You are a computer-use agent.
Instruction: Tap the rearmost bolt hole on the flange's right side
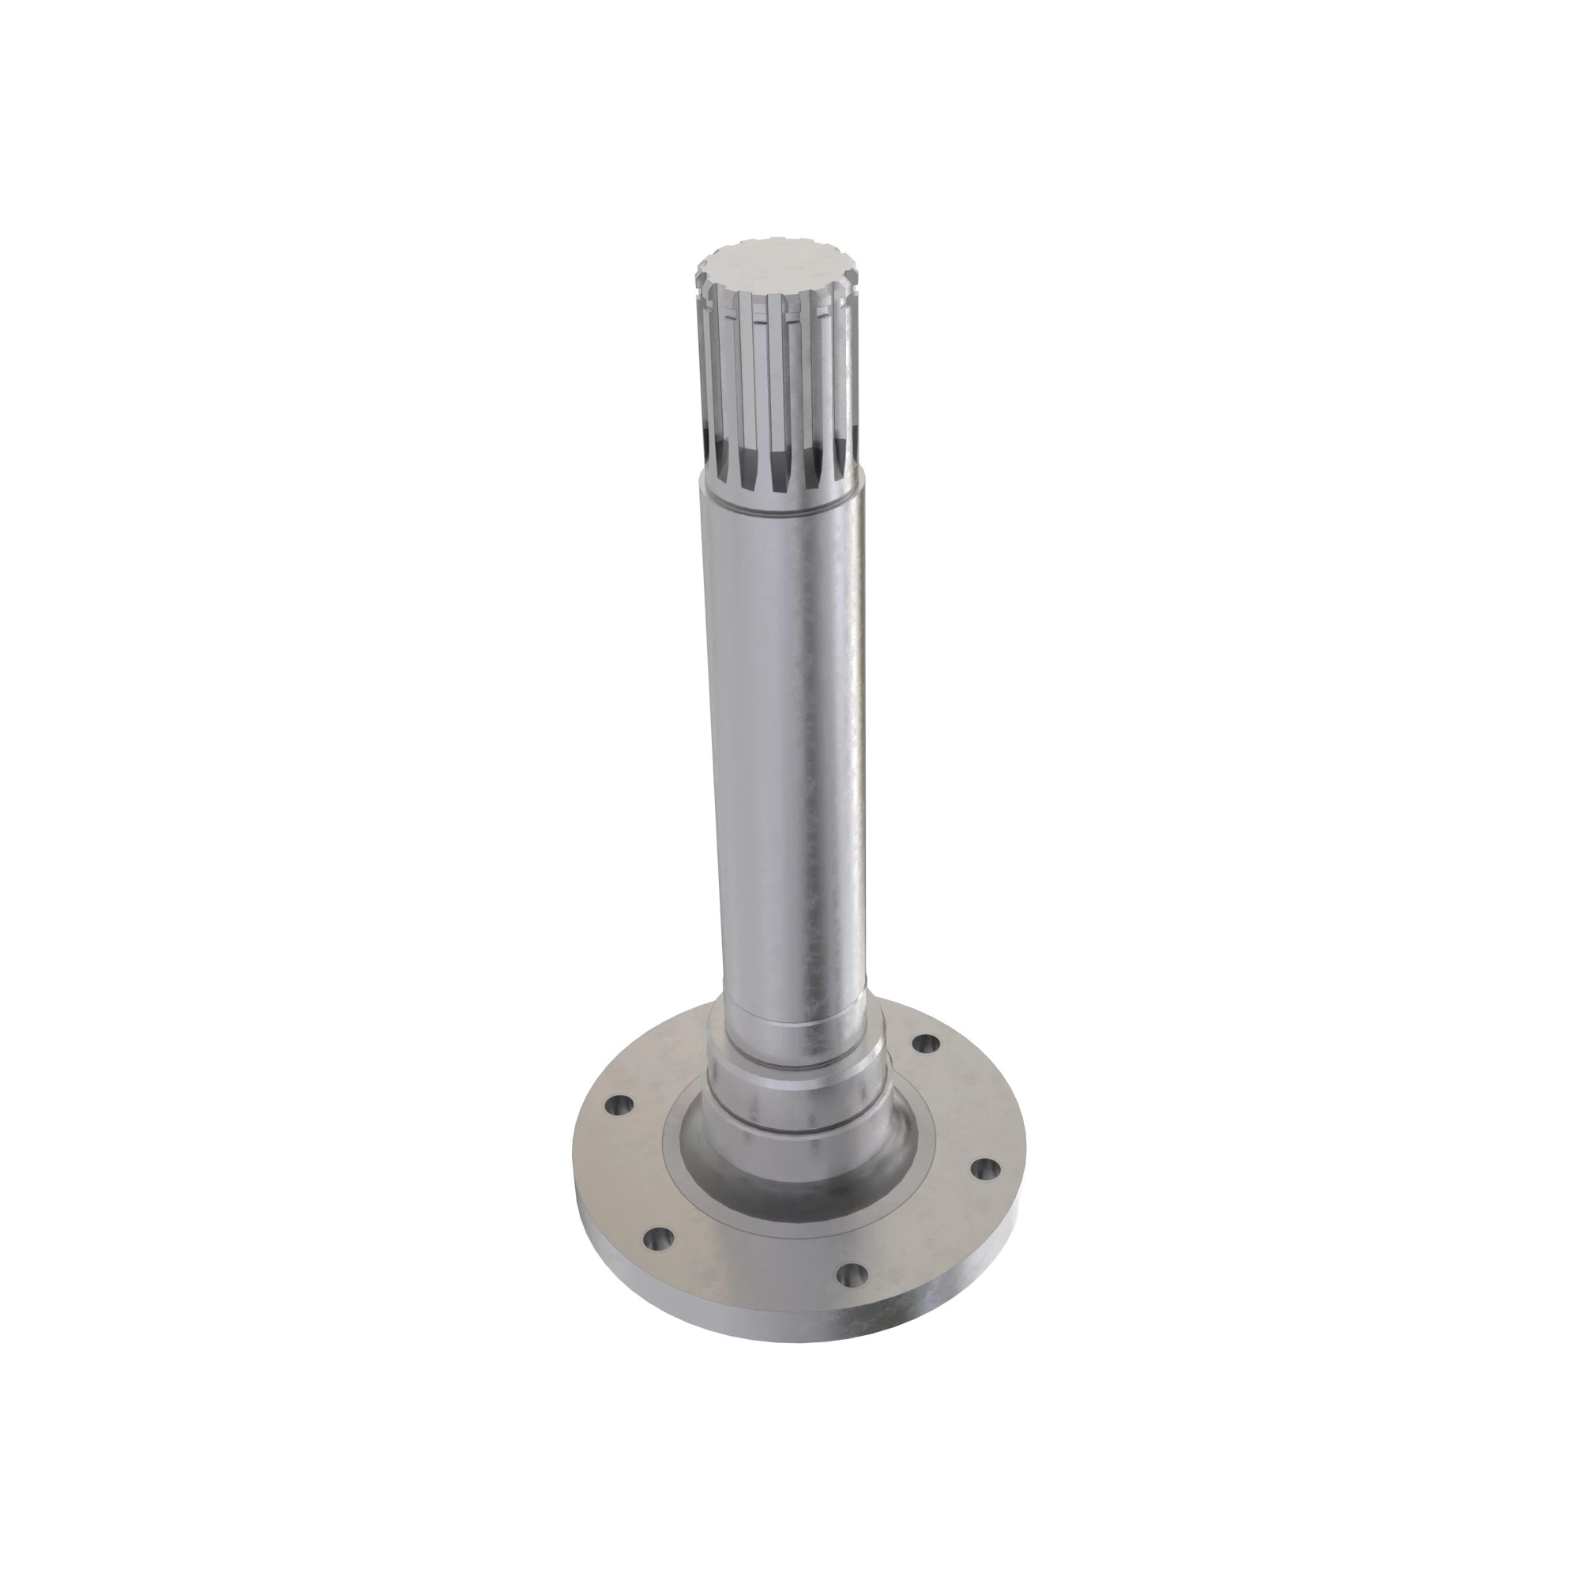(924, 1044)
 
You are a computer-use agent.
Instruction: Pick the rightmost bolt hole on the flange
(986, 1170)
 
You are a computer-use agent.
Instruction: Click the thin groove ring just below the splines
(781, 508)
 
